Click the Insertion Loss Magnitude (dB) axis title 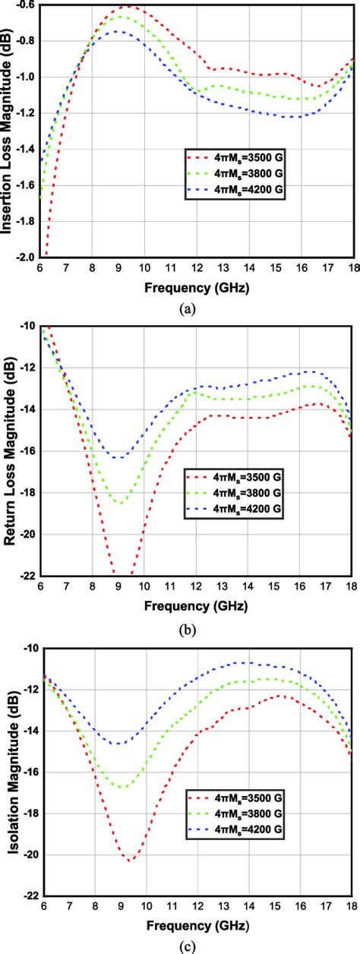[x=11, y=131]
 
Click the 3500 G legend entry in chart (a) [x=234, y=158]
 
